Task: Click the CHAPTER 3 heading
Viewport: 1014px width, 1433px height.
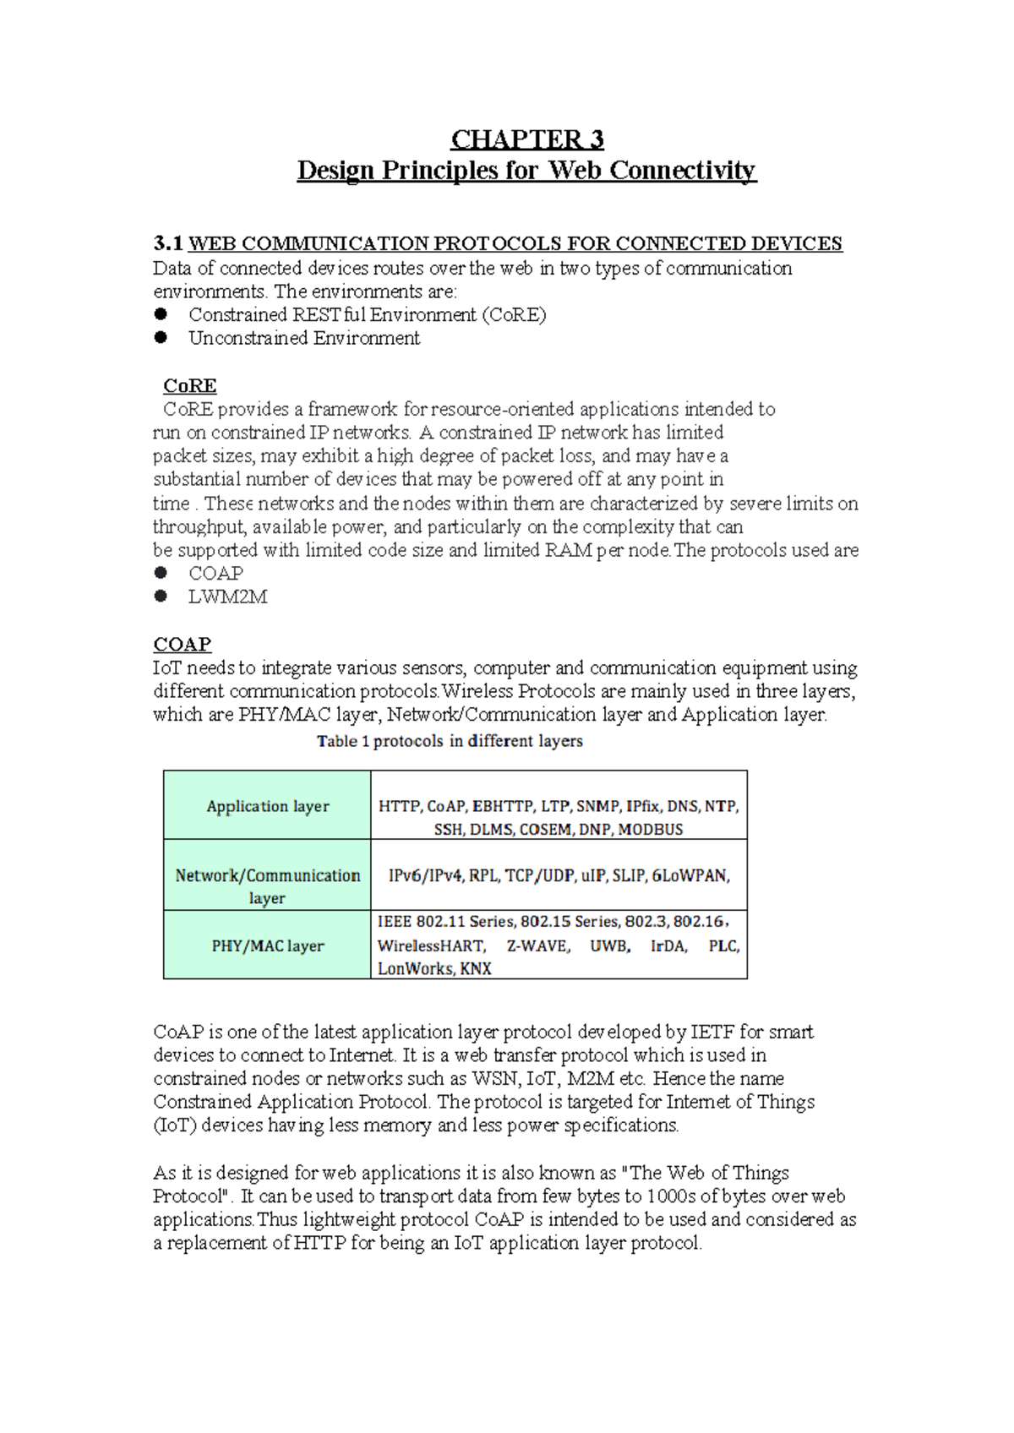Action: click(x=526, y=139)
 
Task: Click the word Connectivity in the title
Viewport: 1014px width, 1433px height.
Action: click(x=683, y=171)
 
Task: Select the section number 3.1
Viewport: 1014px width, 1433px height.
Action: click(x=168, y=244)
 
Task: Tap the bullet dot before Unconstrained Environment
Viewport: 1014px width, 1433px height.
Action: click(x=161, y=338)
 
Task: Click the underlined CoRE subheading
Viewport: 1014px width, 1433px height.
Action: click(x=190, y=386)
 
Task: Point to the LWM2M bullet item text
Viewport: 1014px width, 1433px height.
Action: click(x=228, y=597)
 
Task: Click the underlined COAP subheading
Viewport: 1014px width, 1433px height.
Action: click(x=182, y=645)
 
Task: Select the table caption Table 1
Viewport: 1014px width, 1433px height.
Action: click(x=343, y=742)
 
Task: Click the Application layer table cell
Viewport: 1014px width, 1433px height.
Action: click(x=267, y=806)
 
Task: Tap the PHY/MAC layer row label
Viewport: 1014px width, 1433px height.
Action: click(x=267, y=946)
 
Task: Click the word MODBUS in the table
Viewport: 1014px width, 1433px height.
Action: click(x=650, y=830)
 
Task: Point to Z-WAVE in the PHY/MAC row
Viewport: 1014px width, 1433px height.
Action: click(x=538, y=946)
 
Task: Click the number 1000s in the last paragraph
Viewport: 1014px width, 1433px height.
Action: click(x=671, y=1196)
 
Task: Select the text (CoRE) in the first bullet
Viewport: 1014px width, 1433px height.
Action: click(x=514, y=315)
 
